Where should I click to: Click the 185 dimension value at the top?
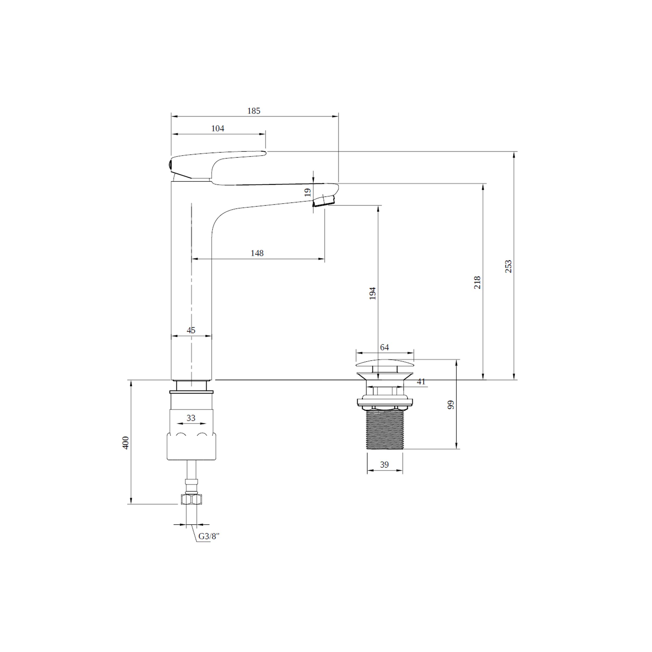[254, 111]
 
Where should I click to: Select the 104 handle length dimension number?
[218, 129]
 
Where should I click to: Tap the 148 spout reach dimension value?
[257, 253]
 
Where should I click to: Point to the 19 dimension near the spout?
[307, 192]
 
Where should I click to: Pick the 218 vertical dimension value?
[477, 282]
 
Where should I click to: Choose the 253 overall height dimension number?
[508, 266]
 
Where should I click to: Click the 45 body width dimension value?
[191, 330]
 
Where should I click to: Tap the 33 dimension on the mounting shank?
[191, 418]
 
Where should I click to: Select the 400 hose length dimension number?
[125, 443]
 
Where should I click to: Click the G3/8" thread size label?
[209, 536]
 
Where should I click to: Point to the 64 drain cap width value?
[384, 347]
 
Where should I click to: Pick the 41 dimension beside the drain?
[421, 382]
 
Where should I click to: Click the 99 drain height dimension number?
[451, 405]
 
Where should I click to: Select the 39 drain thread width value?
[384, 465]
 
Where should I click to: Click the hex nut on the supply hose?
[191, 499]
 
